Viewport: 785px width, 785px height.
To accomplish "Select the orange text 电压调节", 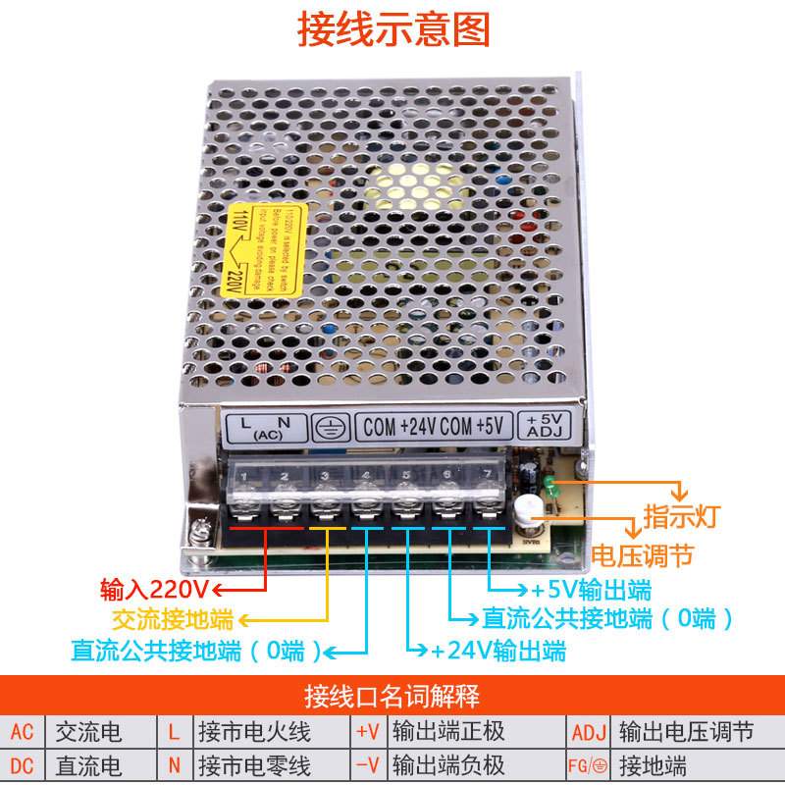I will click(x=643, y=555).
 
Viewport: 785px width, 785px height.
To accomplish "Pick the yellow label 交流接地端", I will click(x=172, y=619).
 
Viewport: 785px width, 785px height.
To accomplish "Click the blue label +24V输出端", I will click(x=497, y=650).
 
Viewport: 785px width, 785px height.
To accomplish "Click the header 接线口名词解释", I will click(x=392, y=699).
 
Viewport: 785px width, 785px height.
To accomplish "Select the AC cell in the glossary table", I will click(x=23, y=732).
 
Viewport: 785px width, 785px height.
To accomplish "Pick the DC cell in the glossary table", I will click(x=23, y=765).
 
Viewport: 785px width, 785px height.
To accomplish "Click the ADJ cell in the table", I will click(x=589, y=732).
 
